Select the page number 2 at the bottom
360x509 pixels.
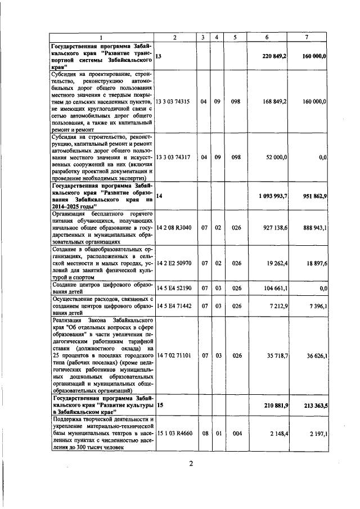(x=191, y=464)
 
